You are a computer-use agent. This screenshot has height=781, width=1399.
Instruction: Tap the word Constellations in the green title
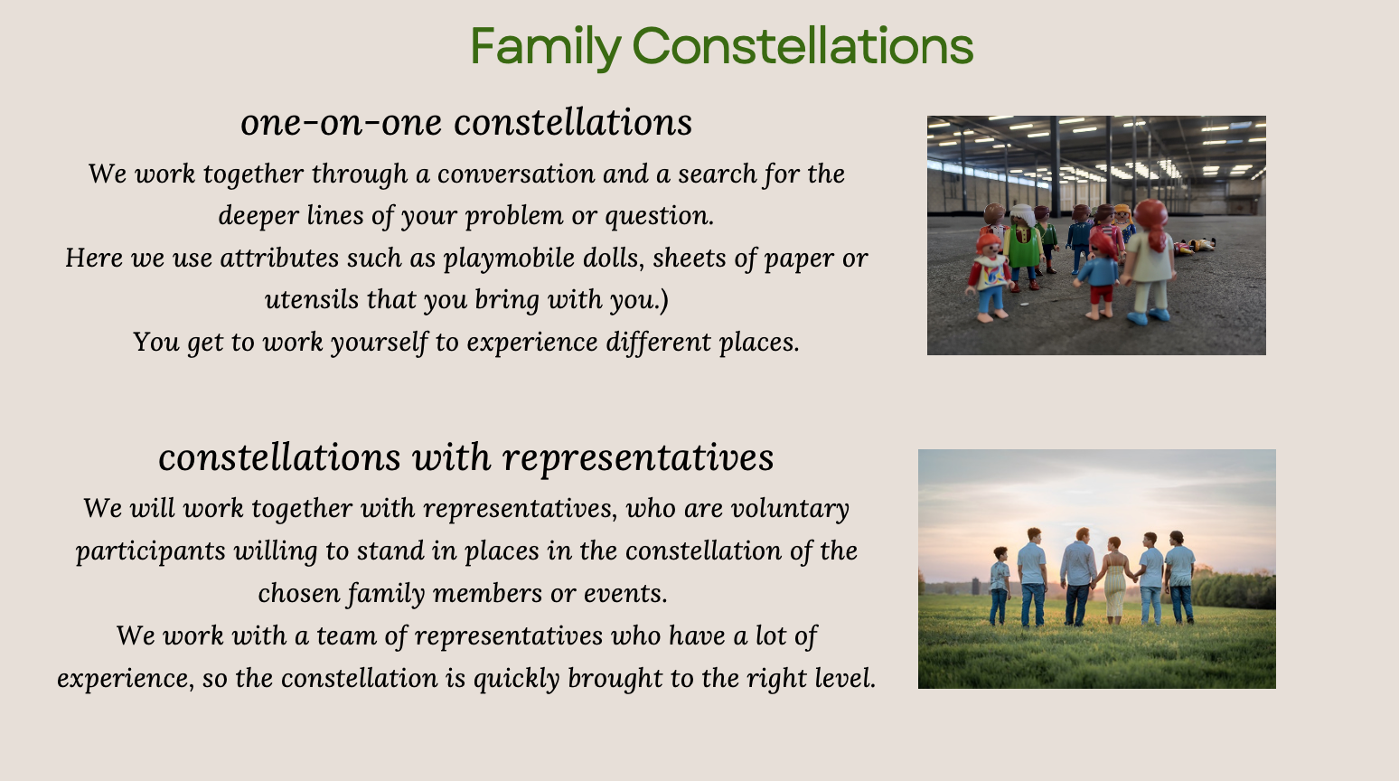click(x=803, y=44)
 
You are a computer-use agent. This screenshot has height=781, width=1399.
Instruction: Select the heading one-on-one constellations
click(x=466, y=122)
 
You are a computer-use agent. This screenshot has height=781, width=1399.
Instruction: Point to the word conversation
click(x=516, y=174)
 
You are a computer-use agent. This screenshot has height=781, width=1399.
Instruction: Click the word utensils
click(x=312, y=300)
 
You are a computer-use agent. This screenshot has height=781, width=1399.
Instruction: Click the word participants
click(x=151, y=551)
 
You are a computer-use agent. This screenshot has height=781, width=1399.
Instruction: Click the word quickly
click(x=517, y=679)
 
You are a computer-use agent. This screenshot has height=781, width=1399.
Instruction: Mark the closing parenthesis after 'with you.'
click(x=664, y=300)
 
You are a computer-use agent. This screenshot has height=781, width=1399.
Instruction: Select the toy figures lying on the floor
click(x=1193, y=246)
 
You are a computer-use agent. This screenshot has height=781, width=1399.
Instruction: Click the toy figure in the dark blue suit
click(x=1079, y=239)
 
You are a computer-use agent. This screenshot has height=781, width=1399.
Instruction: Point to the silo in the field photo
click(x=976, y=586)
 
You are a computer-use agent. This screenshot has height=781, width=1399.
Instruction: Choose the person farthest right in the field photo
click(x=1179, y=578)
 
